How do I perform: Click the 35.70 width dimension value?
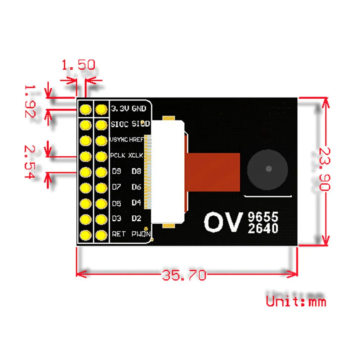coord(184,275)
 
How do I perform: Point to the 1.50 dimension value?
coord(78,65)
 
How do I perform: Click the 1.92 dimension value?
coord(30,101)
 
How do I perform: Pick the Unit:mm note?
coord(296,300)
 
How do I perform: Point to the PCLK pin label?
coord(118,156)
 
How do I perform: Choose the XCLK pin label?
coord(136,156)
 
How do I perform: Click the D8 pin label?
coord(136,171)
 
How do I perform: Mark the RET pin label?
coord(119,234)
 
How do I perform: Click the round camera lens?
coord(269,168)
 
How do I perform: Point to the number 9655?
coord(263,217)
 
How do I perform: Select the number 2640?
coord(263,228)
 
